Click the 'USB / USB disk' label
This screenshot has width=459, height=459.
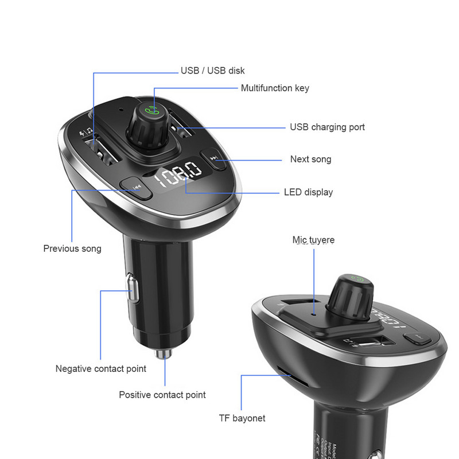tap(212, 71)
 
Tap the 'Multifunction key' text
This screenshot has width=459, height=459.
tap(275, 88)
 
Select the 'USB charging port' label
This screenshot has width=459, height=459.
tap(327, 127)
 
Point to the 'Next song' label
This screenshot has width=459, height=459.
tap(310, 159)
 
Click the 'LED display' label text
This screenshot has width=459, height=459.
tap(308, 192)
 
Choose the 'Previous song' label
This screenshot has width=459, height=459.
tap(72, 248)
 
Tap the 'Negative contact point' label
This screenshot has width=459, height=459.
tap(101, 368)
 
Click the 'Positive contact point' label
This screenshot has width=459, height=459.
tap(162, 395)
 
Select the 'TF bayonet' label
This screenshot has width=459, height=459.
tap(242, 418)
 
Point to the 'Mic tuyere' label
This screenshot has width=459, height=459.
tap(313, 240)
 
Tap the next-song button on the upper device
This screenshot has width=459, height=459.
tap(214, 158)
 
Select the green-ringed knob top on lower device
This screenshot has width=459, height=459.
tap(356, 281)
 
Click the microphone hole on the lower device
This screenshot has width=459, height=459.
tap(313, 314)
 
